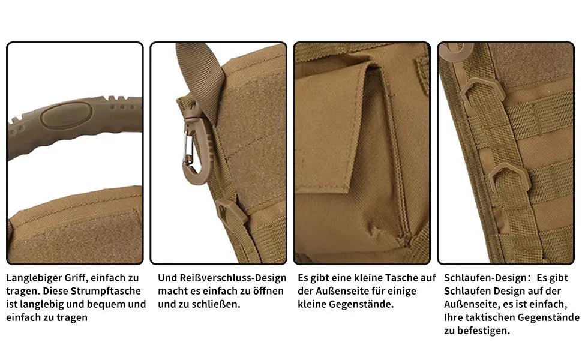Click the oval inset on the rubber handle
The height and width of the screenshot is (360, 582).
pyautogui.click(x=67, y=115)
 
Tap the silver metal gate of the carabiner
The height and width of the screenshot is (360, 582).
pyautogui.click(x=187, y=151)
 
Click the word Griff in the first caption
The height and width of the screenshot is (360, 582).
pyautogui.click(x=76, y=278)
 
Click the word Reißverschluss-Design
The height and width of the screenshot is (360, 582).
pyautogui.click(x=233, y=278)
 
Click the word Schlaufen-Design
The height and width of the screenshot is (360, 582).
pyautogui.click(x=485, y=278)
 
